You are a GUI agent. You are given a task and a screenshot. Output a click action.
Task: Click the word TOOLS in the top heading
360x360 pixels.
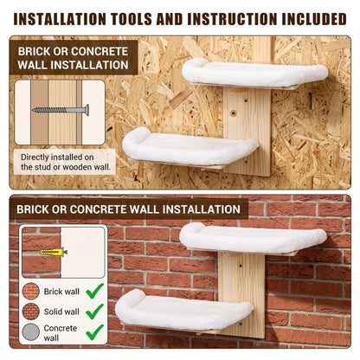132,19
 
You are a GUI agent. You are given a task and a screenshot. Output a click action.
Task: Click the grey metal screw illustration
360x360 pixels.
61,110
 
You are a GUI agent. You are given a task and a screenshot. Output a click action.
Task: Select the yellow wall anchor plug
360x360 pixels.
54,252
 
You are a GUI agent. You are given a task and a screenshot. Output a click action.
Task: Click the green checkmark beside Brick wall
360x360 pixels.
95,291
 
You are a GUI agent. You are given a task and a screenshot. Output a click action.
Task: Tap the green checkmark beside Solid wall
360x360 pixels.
95,312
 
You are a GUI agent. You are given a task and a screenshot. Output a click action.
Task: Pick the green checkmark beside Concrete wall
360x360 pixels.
95,332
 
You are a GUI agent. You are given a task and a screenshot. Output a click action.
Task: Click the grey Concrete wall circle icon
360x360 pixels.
31,331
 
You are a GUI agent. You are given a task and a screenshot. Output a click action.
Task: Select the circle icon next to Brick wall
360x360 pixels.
31,291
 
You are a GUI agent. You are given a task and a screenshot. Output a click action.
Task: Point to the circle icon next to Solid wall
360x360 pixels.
31,312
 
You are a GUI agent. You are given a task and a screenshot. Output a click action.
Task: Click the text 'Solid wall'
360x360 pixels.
61,312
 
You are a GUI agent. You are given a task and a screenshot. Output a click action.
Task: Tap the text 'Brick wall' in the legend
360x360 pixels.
61,292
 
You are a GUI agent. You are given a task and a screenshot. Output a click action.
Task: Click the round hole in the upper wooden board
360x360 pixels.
233,112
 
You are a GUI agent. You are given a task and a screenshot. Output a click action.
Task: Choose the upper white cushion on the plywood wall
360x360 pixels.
254,73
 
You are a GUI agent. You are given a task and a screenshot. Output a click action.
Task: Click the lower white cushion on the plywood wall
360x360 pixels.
190,147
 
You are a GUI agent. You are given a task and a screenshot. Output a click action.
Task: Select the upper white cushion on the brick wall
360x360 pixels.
253,238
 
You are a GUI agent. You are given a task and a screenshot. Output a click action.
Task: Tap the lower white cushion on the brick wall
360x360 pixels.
184,311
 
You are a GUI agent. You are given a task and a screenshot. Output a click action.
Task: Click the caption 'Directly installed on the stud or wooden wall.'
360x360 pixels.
66,162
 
